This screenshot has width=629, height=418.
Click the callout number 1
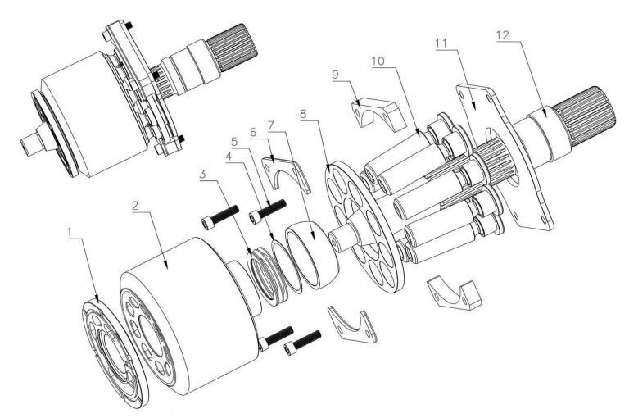pos(70,233)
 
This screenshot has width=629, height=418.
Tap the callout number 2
pos(136,206)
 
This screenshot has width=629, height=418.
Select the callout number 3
pos(203,175)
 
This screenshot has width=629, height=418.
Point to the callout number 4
pos(229,157)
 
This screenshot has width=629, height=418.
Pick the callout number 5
pos(234,142)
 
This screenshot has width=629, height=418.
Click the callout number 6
pos(253,132)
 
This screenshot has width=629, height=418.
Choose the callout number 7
pos(271,125)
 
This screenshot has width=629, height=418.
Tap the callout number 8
pos(303,114)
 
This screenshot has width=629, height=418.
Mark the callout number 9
pos(335,75)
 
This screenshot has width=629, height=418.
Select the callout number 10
pos(378,61)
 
